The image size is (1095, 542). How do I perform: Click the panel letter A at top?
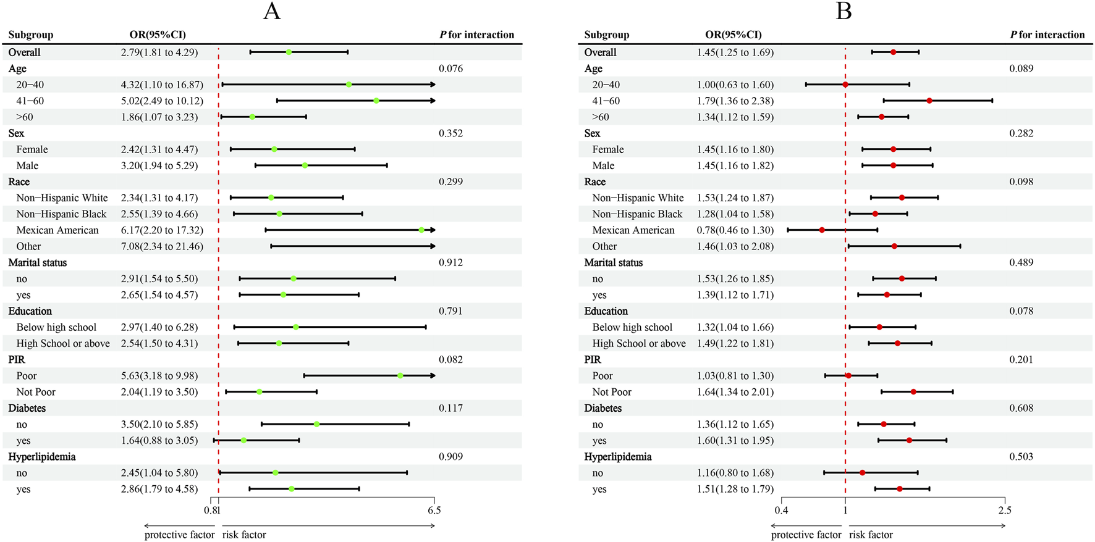click(272, 12)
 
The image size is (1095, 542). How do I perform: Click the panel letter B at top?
click(843, 12)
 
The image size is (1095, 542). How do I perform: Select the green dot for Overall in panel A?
click(289, 52)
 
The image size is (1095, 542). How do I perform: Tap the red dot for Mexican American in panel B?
click(822, 230)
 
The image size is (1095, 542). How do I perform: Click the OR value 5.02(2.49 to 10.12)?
click(162, 101)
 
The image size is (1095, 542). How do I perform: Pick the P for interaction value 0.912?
click(450, 262)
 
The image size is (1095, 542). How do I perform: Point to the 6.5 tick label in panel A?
click(434, 511)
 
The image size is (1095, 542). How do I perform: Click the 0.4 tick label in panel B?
click(781, 511)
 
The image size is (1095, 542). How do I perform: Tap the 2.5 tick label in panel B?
click(1005, 511)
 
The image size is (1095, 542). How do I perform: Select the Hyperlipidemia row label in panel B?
click(618, 457)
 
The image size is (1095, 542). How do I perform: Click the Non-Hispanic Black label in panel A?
click(61, 214)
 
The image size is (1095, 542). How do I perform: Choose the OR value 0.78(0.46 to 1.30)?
click(735, 230)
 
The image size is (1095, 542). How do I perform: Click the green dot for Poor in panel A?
click(400, 376)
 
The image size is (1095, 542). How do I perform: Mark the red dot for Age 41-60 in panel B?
click(929, 101)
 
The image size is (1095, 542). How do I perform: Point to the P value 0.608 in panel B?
click(1021, 408)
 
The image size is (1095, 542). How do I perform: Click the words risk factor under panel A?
click(244, 535)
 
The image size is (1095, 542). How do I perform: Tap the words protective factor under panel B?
click(806, 535)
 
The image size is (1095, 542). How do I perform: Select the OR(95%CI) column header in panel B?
click(734, 35)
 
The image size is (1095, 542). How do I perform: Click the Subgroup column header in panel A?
click(31, 35)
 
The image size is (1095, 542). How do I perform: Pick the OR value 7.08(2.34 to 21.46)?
click(162, 246)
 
